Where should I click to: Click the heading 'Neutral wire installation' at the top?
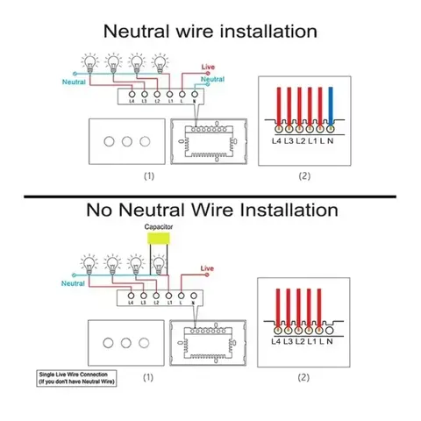point(210,32)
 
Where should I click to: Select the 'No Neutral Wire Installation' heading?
point(210,210)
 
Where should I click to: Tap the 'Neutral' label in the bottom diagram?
point(75,283)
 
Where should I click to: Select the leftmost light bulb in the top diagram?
point(89,62)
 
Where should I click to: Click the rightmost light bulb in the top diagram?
point(159,62)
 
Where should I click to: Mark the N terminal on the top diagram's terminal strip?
point(193,95)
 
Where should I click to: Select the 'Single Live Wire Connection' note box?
point(77,379)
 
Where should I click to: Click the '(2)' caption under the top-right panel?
point(304,175)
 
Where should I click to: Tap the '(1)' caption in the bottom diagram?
point(149,377)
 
